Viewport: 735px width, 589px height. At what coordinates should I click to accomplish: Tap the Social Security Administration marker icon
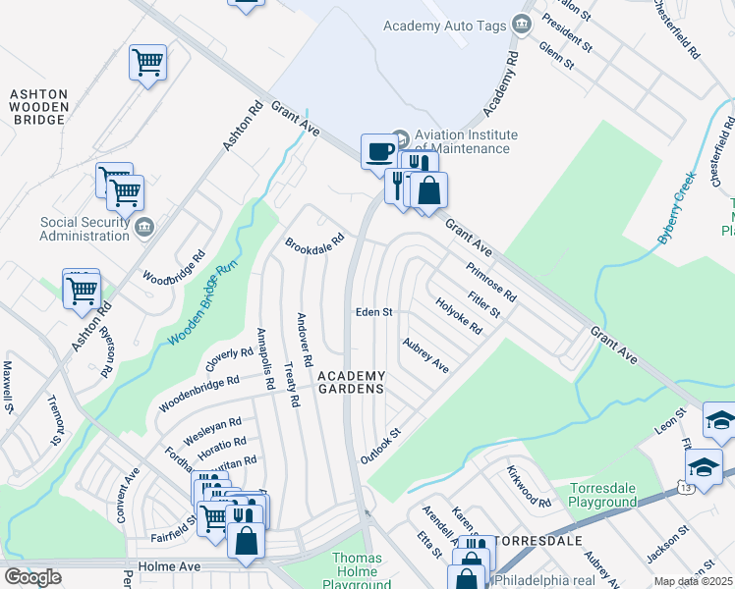click(144, 228)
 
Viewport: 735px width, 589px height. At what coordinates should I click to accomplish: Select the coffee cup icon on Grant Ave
click(378, 152)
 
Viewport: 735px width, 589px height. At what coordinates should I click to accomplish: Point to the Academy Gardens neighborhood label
click(350, 382)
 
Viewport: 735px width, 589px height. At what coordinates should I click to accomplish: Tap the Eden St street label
click(373, 312)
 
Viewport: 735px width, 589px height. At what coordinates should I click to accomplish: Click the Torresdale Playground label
click(603, 496)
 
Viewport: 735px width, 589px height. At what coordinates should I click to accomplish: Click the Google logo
click(32, 577)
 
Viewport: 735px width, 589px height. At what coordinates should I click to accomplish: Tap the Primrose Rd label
click(491, 281)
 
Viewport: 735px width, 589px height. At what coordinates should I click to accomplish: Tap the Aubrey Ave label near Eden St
click(425, 355)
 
